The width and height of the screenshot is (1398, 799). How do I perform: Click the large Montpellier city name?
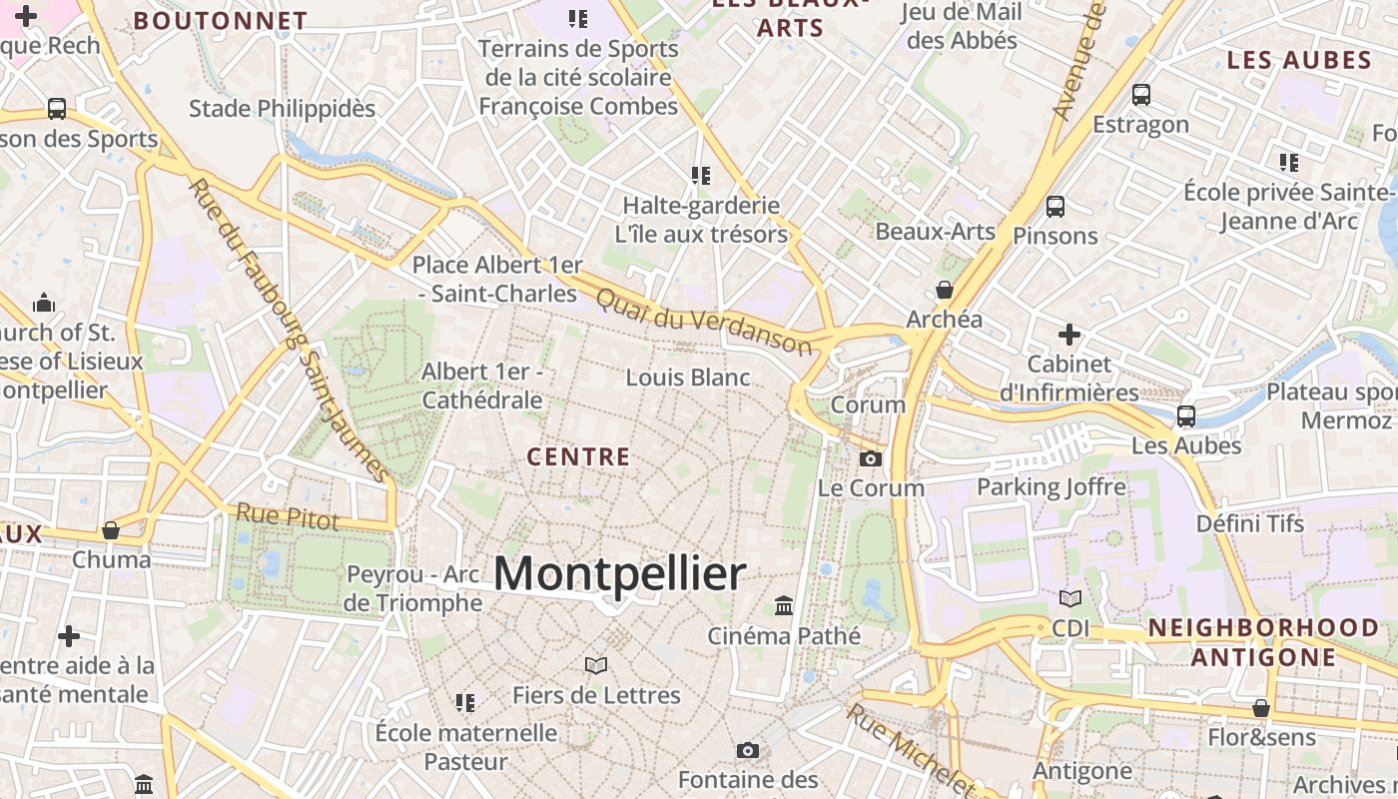tap(619, 574)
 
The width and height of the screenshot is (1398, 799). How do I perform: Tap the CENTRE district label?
tap(578, 457)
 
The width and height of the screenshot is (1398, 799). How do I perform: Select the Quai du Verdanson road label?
tap(703, 321)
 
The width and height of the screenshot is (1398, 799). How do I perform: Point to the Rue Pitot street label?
tap(288, 516)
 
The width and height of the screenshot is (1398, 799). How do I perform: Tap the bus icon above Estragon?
tap(1140, 95)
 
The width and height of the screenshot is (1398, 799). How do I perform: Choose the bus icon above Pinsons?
tap(1054, 207)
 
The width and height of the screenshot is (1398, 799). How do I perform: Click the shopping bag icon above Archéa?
tap(944, 291)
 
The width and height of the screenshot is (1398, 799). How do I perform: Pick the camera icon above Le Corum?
tap(871, 458)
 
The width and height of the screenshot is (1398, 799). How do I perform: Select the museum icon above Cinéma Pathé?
tap(784, 606)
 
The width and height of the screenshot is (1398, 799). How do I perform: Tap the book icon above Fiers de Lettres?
tap(596, 665)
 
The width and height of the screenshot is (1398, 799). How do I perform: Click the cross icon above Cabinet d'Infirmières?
tap(1069, 334)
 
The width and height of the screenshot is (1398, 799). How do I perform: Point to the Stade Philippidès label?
tap(282, 108)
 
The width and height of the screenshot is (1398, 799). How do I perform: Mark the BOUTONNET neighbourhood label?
tap(221, 21)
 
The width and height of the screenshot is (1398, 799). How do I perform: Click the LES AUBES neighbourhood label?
tap(1299, 60)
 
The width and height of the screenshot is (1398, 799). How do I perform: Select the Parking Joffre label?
tap(1051, 487)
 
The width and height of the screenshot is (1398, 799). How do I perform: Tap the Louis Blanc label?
tap(688, 378)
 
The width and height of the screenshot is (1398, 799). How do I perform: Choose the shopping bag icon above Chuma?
tap(111, 529)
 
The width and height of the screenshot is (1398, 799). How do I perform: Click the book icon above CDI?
tap(1070, 598)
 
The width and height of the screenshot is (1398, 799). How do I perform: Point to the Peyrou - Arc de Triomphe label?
tap(413, 589)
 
